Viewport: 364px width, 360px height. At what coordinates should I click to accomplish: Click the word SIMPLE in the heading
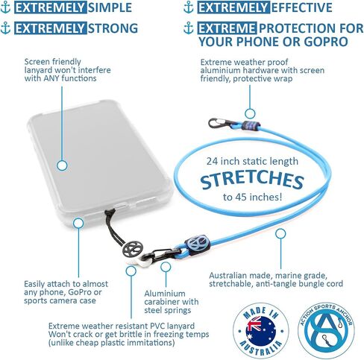click(x=110, y=7)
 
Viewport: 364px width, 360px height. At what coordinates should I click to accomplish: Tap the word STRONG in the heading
click(x=113, y=28)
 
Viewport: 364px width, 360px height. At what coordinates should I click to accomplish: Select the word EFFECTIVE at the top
click(x=302, y=7)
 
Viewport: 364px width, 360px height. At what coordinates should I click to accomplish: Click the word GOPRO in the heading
click(x=326, y=42)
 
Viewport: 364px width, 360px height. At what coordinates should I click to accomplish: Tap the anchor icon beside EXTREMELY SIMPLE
click(x=5, y=7)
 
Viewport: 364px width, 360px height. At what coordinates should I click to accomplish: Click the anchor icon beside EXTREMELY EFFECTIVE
click(x=189, y=7)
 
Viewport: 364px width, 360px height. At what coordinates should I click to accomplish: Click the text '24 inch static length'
click(x=252, y=161)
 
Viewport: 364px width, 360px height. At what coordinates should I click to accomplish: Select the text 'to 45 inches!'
click(x=252, y=198)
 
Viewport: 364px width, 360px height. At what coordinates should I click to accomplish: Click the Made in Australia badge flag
click(x=260, y=331)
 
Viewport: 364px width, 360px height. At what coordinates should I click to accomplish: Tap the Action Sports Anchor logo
click(x=326, y=331)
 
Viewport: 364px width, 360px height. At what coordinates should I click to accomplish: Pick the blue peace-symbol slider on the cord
click(x=197, y=244)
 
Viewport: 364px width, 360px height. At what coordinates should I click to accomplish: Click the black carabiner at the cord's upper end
click(x=219, y=123)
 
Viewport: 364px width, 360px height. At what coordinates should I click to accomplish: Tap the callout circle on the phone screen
click(x=62, y=165)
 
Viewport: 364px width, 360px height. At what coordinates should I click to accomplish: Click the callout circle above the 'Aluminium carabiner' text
click(x=166, y=267)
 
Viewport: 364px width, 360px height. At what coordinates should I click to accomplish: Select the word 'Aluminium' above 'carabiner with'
click(x=165, y=294)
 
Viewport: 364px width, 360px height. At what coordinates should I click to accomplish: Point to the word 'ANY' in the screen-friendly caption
click(x=51, y=78)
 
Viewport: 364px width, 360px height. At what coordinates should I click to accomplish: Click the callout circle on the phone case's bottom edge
click(x=78, y=223)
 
